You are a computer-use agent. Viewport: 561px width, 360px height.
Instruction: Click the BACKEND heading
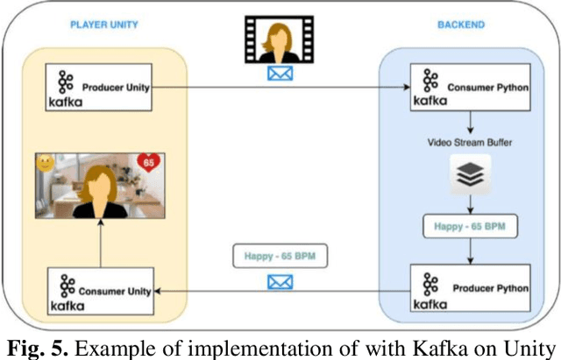(x=461, y=25)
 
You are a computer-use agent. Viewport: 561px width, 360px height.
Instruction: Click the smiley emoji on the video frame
(x=45, y=164)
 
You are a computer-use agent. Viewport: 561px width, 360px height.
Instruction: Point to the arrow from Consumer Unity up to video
(x=99, y=247)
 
